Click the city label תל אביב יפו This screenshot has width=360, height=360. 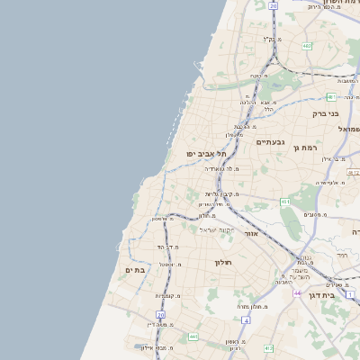pyautogui.click(x=206, y=154)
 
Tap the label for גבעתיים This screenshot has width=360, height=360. pyautogui.click(x=270, y=142)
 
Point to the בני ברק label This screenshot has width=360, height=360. pyautogui.click(x=326, y=113)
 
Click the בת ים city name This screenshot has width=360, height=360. pyautogui.click(x=135, y=270)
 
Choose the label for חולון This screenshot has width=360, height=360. pyautogui.click(x=223, y=262)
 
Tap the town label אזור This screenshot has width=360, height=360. pyautogui.click(x=251, y=233)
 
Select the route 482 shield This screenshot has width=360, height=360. pyautogui.click(x=307, y=45)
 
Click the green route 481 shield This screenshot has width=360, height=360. pyautogui.click(x=330, y=96)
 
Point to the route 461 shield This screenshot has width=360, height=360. pyautogui.click(x=285, y=202)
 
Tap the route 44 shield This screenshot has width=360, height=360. pyautogui.click(x=297, y=293)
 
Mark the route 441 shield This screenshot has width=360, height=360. pyautogui.click(x=193, y=337)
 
